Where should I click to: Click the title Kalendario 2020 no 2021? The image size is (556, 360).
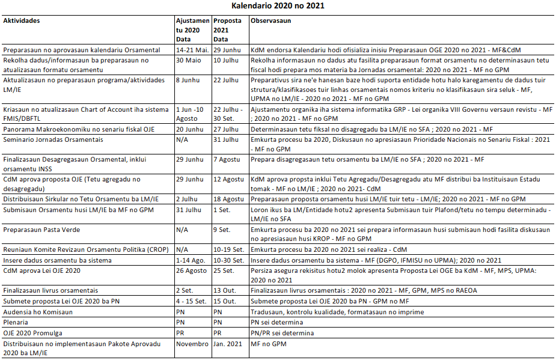(x=278, y=6)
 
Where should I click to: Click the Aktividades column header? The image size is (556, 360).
(x=22, y=20)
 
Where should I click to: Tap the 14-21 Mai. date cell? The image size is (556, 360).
(x=192, y=50)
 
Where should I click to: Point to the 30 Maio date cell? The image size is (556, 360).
(x=188, y=61)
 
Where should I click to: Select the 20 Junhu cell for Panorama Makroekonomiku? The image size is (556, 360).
(x=189, y=129)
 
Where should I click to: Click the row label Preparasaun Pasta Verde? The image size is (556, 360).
(x=42, y=230)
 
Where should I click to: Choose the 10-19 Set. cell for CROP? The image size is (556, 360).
(x=228, y=249)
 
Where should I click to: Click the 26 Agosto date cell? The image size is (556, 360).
(x=191, y=270)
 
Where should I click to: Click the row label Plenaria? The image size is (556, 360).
(x=18, y=322)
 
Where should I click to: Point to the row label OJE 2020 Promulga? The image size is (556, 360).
(x=33, y=332)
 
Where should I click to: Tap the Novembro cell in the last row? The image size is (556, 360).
(x=192, y=343)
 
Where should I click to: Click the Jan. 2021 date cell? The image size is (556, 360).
(x=228, y=343)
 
